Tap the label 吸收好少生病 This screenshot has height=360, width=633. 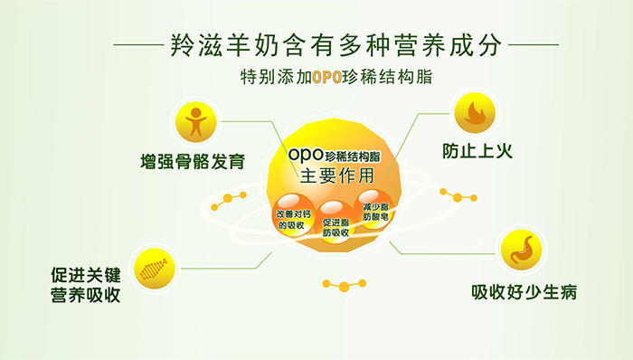(524, 293)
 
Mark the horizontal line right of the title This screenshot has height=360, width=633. (534, 43)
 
